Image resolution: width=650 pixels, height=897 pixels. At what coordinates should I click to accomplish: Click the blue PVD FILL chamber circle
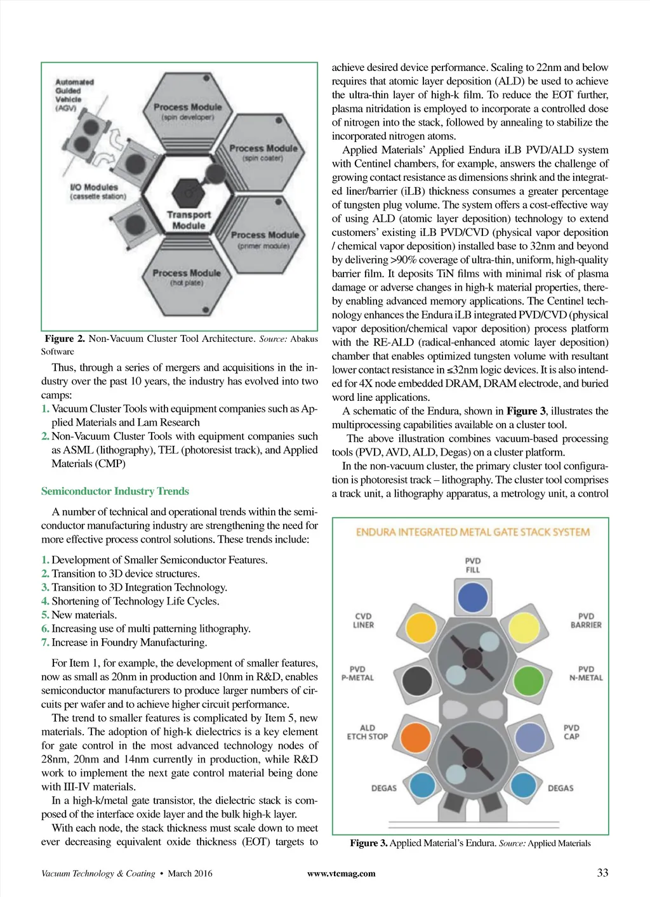(472, 597)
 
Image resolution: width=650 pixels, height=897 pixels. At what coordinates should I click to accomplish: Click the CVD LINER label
(364, 620)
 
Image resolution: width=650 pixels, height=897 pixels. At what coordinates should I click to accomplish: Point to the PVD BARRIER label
(585, 620)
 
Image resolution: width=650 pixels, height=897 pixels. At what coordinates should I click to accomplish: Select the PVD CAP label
(571, 732)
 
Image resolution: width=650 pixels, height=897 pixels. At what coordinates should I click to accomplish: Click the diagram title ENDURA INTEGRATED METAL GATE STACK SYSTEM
(472, 532)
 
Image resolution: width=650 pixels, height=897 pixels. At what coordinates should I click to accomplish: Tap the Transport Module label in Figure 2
(189, 220)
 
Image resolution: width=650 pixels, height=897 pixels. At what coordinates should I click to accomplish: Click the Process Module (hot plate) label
(187, 277)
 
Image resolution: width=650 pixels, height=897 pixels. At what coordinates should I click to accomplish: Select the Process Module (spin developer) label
(187, 112)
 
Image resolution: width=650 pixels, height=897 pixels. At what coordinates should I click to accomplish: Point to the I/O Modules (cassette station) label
(97, 192)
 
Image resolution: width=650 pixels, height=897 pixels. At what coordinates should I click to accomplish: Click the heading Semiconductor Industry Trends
(115, 491)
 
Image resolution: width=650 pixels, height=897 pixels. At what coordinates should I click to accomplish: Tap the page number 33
(602, 873)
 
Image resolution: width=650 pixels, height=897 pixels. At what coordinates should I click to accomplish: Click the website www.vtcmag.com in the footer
(341, 874)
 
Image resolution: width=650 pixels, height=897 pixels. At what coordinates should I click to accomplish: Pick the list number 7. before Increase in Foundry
(45, 643)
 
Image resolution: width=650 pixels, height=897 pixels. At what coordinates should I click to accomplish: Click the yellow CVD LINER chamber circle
(420, 627)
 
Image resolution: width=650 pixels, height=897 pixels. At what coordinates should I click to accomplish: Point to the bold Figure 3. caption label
(368, 843)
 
